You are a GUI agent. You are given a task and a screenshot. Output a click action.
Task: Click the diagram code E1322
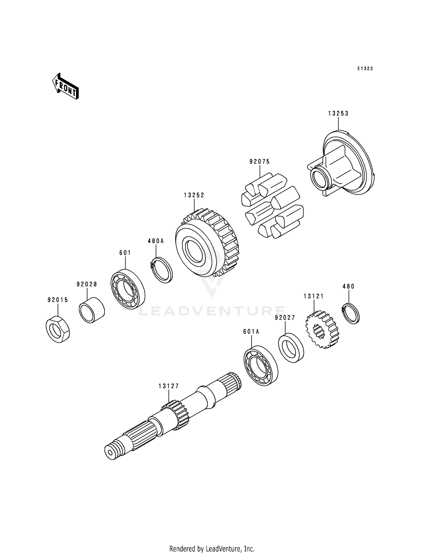tap(365, 69)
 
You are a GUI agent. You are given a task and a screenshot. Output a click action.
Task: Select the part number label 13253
tap(338, 113)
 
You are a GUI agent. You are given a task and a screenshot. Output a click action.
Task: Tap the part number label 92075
tap(259, 162)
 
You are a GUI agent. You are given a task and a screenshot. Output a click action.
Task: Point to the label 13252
tap(194, 195)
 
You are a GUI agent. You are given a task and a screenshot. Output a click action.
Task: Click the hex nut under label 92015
tap(58, 329)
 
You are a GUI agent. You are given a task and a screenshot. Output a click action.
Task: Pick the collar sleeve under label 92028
tap(92, 310)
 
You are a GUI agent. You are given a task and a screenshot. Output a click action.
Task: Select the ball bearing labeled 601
tap(127, 289)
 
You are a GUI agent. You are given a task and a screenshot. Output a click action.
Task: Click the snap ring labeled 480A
tap(161, 270)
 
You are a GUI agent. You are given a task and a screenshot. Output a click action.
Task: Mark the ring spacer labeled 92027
tap(291, 348)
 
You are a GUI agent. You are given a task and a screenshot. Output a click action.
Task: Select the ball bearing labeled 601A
tap(261, 365)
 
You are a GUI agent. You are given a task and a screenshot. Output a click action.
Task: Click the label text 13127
tap(168, 386)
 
